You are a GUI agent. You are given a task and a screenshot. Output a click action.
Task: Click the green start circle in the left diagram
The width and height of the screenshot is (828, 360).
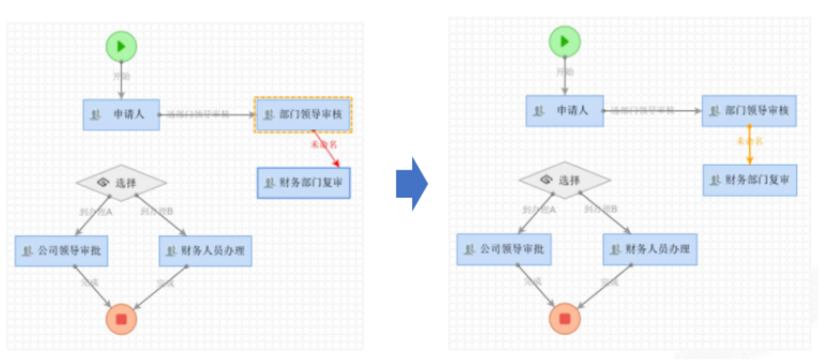click(x=121, y=46)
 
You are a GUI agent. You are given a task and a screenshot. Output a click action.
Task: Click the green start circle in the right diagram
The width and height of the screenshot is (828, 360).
click(x=564, y=41)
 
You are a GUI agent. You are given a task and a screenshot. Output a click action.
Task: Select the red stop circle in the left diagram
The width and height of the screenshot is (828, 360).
click(x=121, y=319)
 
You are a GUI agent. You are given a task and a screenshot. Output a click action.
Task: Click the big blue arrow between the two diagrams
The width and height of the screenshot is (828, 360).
click(x=411, y=183)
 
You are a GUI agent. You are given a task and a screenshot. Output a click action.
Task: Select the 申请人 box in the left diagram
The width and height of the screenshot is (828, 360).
click(x=121, y=114)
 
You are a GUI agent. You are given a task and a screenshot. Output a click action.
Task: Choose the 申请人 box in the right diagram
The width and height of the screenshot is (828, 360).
click(x=564, y=110)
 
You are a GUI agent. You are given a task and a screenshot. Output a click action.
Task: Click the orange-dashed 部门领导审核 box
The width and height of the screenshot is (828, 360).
click(x=303, y=114)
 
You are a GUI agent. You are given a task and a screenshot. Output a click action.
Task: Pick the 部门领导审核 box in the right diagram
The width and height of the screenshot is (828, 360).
click(x=749, y=110)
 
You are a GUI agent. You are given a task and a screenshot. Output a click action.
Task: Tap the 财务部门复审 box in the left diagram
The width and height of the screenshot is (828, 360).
click(x=304, y=183)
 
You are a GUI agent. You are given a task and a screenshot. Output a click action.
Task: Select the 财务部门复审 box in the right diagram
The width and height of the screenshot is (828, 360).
click(x=750, y=180)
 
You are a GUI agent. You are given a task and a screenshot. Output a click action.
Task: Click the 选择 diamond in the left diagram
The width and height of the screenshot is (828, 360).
click(x=121, y=182)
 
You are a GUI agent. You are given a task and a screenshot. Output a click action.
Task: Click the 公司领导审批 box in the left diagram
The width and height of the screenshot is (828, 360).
click(x=62, y=251)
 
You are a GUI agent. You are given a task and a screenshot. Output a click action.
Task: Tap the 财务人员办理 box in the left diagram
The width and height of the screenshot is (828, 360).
click(x=205, y=251)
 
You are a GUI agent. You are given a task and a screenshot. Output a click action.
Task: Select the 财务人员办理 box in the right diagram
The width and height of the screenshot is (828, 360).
click(x=649, y=249)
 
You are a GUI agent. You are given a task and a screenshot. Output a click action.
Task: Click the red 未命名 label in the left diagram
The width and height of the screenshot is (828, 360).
click(x=323, y=144)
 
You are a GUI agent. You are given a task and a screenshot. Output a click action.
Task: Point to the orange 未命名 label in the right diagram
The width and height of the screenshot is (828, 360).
click(x=749, y=141)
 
